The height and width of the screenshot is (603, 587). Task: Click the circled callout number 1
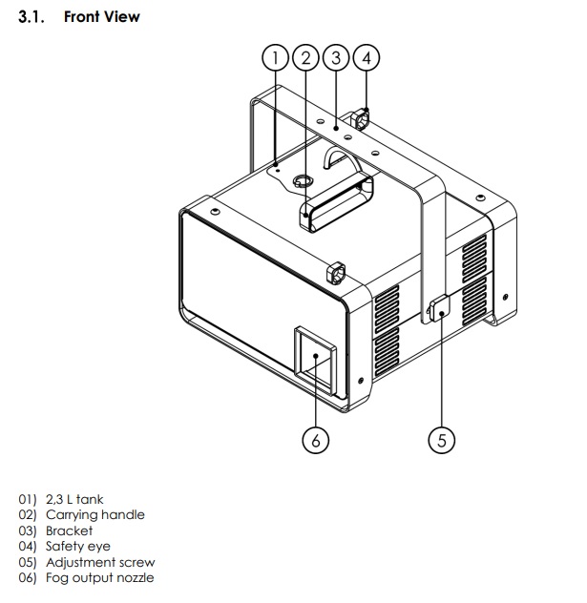[x=275, y=58]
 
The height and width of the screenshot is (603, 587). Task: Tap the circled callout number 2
[x=305, y=58]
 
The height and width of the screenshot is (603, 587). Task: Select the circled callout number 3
[x=336, y=58]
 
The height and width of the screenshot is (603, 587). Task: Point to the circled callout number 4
[x=367, y=58]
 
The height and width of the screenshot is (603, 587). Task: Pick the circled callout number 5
[x=442, y=440]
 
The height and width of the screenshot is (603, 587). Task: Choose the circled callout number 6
[x=316, y=440]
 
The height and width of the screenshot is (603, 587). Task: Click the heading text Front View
[x=101, y=17]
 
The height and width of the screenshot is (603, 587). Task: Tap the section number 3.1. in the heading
[x=31, y=17]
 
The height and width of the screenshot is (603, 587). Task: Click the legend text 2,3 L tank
[x=74, y=499]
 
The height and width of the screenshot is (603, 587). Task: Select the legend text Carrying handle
[x=95, y=515]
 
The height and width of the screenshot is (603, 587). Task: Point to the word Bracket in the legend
[x=70, y=530]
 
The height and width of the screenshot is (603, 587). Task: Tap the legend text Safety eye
[x=78, y=547]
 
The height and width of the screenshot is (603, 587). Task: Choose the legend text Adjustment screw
[x=100, y=562]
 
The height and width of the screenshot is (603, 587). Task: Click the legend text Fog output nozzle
[x=100, y=578]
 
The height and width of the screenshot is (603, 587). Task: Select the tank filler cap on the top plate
[x=303, y=180]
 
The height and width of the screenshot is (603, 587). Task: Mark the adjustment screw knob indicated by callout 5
[x=440, y=308]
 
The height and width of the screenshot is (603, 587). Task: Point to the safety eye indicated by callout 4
[x=361, y=119]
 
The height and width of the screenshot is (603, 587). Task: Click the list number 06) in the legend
[x=28, y=578]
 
